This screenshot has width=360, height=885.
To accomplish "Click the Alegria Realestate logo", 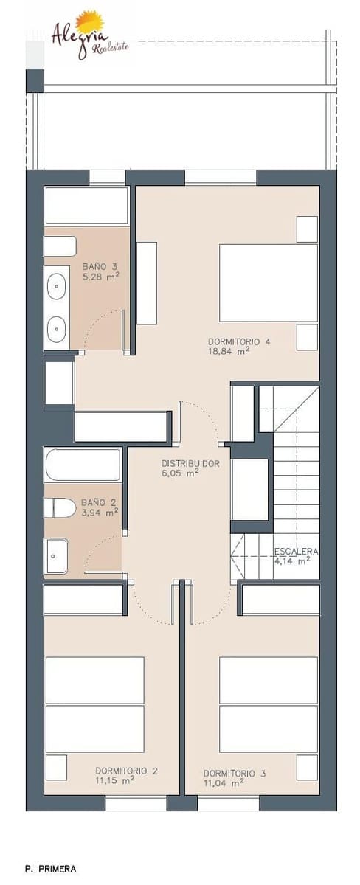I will click(x=89, y=35).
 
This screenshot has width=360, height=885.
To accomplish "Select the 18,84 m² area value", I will click(x=228, y=352).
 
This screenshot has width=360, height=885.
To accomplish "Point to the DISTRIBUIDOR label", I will click(x=190, y=464).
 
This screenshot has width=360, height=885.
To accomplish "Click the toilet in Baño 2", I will click(x=60, y=507).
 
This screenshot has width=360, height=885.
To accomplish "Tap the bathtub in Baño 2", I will click(x=83, y=465).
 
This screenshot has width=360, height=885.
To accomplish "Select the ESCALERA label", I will click(x=295, y=551).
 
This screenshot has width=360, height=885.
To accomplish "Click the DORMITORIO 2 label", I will click(x=126, y=771).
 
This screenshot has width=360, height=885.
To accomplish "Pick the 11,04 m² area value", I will click(x=224, y=783).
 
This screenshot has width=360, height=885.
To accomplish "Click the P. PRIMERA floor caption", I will click(x=50, y=869).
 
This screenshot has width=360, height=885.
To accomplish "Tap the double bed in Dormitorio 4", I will click(x=269, y=283).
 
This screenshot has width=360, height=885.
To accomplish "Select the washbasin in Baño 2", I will click(x=56, y=555).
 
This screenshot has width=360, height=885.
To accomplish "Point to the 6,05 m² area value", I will click(x=181, y=474).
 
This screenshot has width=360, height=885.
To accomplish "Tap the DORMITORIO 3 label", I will click(x=235, y=774).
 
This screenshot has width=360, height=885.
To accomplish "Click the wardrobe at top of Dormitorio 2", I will click(x=83, y=600).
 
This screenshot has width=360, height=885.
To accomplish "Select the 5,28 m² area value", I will click(x=100, y=277).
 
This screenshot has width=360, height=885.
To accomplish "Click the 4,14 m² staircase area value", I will click(x=292, y=560).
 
